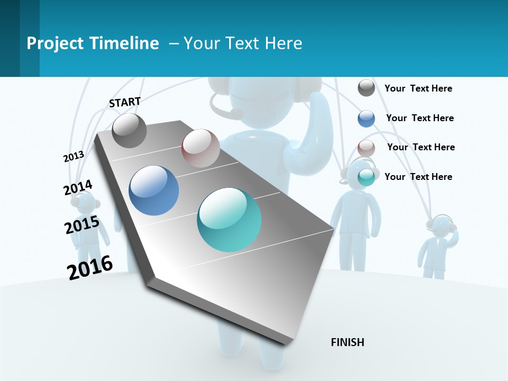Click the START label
(x=125, y=102)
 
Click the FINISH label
(x=347, y=342)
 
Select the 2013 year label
(x=74, y=157)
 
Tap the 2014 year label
(x=78, y=188)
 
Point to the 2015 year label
(x=82, y=225)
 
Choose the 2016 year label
(x=90, y=267)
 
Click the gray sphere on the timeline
(x=130, y=131)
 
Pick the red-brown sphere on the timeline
(x=201, y=148)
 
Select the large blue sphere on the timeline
(x=154, y=190)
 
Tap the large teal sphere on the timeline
(x=229, y=220)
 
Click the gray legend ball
(x=366, y=88)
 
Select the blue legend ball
(x=366, y=119)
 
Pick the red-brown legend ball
(x=366, y=148)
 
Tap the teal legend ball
(x=366, y=177)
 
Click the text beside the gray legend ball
(x=418, y=88)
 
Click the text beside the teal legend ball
(x=418, y=177)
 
